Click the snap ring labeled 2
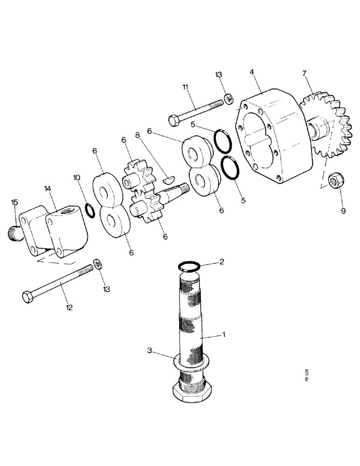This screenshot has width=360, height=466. coord(190,266)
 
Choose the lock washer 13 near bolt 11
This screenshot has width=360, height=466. coord(229,98)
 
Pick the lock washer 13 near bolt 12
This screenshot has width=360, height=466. coord(98,264)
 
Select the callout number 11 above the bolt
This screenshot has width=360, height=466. coord(186,87)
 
